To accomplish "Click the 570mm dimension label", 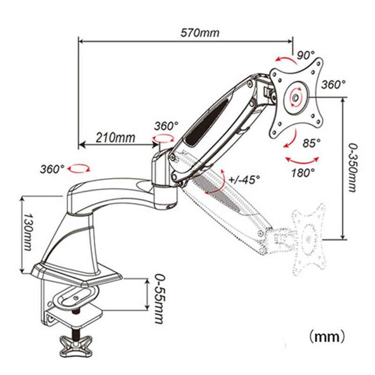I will coord(200,33).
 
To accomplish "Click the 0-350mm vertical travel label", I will coord(355,168).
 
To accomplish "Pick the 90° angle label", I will coord(306,55).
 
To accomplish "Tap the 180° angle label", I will coord(302,172).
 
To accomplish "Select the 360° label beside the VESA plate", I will coord(333,84).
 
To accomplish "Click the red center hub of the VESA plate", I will coord(295,97).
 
